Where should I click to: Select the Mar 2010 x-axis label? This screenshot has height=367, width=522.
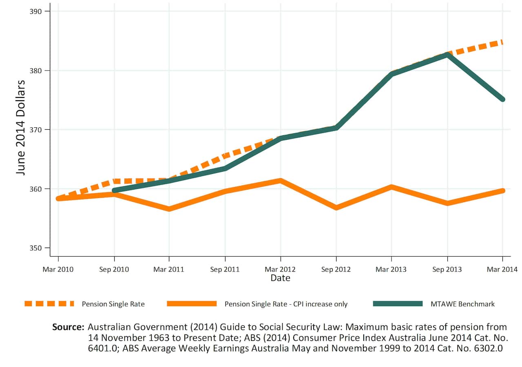click(x=58, y=269)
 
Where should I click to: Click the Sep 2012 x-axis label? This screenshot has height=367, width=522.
click(x=336, y=269)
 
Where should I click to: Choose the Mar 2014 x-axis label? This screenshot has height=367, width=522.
click(x=502, y=269)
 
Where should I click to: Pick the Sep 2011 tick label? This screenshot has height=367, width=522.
click(x=225, y=269)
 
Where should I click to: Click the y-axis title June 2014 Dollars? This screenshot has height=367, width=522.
click(x=21, y=127)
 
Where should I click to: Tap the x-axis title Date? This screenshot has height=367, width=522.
click(x=280, y=278)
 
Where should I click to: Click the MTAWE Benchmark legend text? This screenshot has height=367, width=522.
click(x=462, y=304)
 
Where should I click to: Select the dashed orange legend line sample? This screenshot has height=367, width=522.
click(x=49, y=303)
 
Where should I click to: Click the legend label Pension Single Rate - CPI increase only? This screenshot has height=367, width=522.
click(x=286, y=304)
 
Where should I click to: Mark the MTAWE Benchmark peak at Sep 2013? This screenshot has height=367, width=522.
click(x=447, y=55)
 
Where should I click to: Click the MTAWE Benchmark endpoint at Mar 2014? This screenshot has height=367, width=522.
click(x=502, y=99)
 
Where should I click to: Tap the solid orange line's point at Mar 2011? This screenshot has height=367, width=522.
click(x=169, y=209)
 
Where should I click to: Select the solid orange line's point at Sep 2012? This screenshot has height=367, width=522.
click(x=336, y=208)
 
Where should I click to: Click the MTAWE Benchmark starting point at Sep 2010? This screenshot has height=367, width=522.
click(x=114, y=190)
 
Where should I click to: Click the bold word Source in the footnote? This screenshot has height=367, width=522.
click(x=68, y=327)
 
